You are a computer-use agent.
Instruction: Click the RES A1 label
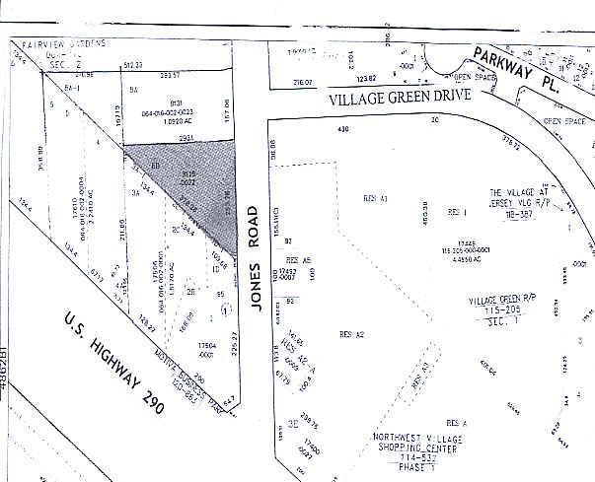point(376,198)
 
